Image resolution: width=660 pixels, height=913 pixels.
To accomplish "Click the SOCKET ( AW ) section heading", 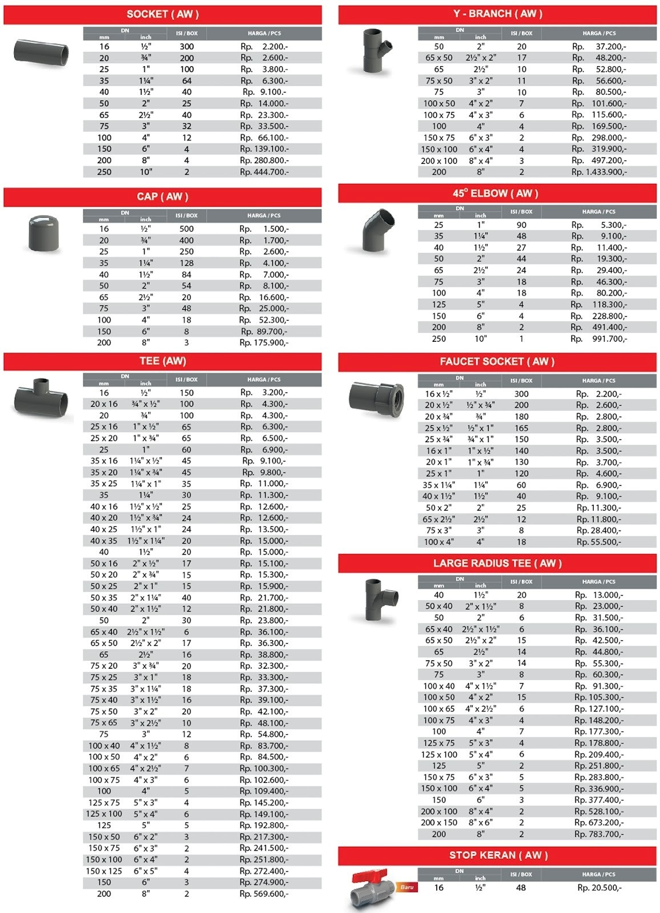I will [163, 14].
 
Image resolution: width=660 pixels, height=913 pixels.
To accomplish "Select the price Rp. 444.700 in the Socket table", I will [264, 172].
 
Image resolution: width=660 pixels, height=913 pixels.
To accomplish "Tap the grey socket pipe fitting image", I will [41, 52].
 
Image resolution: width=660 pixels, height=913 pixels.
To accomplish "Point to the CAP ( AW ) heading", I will [163, 197].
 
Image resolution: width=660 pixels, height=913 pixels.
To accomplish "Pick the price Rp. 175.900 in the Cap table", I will [264, 343].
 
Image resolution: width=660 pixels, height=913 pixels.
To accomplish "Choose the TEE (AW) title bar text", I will [163, 361].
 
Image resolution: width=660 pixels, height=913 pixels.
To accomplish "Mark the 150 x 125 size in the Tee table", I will [104, 871].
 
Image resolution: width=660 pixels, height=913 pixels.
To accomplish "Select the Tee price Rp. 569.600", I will [264, 894].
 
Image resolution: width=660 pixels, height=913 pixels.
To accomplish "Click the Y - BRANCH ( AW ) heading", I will [498, 14].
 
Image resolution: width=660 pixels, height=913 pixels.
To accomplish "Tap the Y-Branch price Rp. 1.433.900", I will [599, 172].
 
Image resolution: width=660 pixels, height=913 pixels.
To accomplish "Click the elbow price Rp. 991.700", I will [599, 339].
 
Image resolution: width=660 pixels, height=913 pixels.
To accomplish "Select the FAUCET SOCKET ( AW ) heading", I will [497, 361].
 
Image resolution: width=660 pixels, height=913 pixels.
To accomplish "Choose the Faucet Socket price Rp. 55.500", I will [599, 542].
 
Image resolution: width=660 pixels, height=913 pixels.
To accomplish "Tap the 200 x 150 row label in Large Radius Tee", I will [439, 823].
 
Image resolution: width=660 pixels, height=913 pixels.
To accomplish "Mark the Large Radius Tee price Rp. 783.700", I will [599, 834].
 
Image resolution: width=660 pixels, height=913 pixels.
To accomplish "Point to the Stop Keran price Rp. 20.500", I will [599, 888].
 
